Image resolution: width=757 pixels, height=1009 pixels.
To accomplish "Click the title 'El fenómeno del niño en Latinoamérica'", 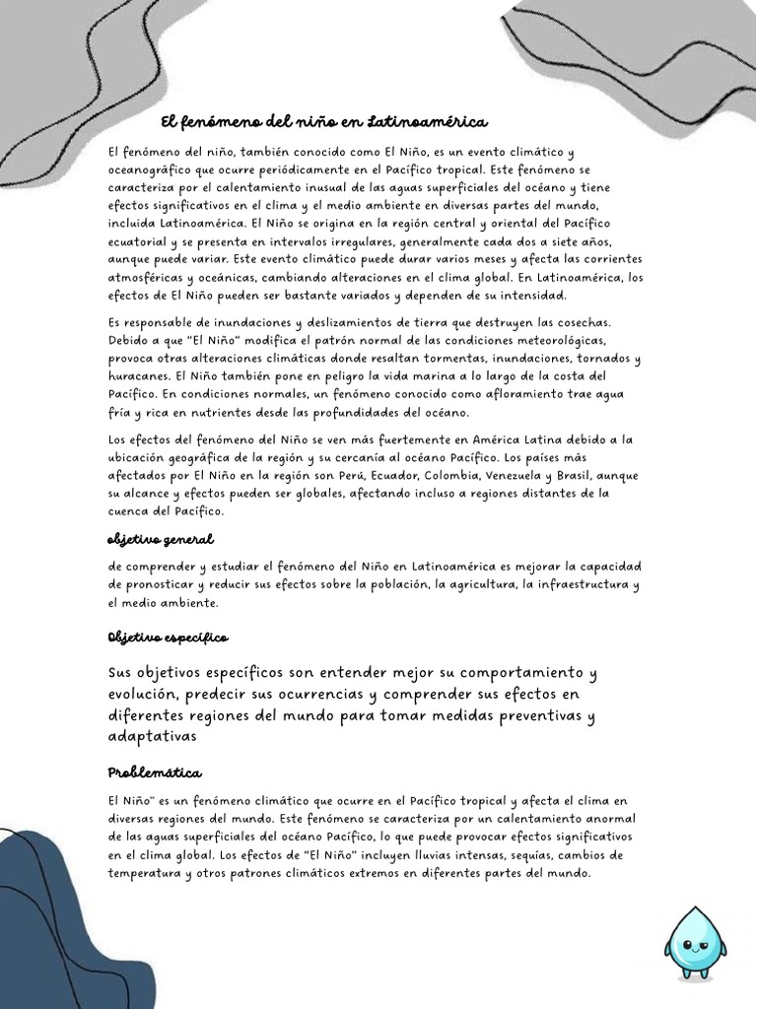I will click(324, 122).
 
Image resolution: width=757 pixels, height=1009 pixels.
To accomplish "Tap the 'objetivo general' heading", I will click(161, 540).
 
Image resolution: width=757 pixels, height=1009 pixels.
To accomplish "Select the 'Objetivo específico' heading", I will click(168, 639).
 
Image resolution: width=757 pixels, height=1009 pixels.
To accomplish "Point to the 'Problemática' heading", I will click(156, 772).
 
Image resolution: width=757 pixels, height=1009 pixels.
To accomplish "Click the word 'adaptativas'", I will click(153, 736).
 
